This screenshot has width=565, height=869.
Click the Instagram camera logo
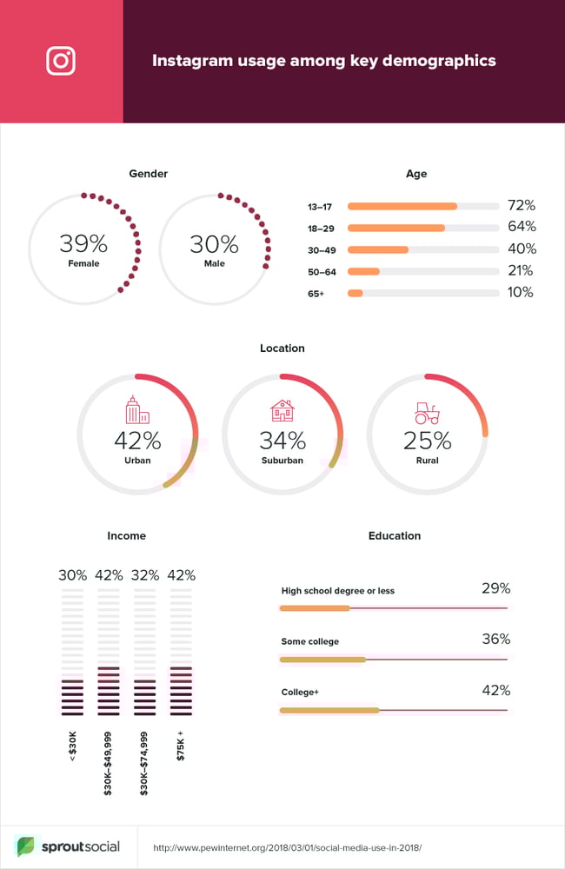(61, 61)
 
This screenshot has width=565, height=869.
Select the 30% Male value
(214, 243)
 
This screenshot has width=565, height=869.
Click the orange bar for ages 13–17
(402, 206)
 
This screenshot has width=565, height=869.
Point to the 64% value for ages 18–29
(522, 228)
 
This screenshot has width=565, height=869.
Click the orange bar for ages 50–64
(363, 271)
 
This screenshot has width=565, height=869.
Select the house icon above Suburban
(282, 410)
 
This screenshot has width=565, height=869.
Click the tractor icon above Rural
(427, 412)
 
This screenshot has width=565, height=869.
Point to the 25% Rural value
(427, 441)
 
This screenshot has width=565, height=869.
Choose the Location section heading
(282, 348)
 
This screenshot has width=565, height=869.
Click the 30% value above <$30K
(73, 575)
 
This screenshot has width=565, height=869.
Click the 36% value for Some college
(495, 639)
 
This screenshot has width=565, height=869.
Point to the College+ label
(300, 693)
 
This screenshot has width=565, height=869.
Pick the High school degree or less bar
(315, 608)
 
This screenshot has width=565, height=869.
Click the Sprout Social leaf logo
(26, 846)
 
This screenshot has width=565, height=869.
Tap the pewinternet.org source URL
(287, 847)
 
